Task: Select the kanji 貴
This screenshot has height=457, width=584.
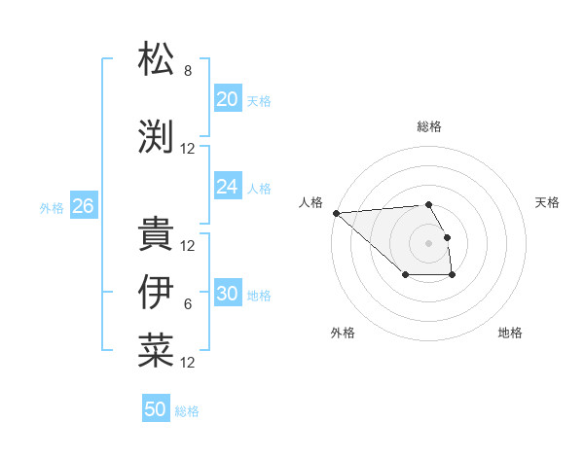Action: coord(156,233)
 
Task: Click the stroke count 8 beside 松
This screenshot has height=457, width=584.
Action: coord(188,71)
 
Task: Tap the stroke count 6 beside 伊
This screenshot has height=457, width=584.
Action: coord(188,304)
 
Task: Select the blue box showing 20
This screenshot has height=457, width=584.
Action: coord(227,98)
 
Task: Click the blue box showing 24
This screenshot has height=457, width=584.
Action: coord(227,186)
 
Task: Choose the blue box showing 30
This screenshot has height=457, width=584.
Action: coord(227,294)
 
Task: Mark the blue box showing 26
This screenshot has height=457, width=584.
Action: coord(83,205)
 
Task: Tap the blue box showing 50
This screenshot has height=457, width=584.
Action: coord(156,409)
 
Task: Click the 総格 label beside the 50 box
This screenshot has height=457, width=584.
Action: coord(187,411)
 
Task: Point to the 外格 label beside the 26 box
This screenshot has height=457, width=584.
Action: coord(52,207)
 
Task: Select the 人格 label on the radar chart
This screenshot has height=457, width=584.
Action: coord(311,202)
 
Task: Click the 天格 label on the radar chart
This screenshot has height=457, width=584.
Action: coord(547,202)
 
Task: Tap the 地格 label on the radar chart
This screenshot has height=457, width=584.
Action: coord(510,333)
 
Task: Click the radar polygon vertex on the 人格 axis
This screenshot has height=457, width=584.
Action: coord(336,213)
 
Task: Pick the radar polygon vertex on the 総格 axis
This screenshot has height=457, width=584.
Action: coord(428,204)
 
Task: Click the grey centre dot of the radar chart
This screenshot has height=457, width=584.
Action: coord(428,242)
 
